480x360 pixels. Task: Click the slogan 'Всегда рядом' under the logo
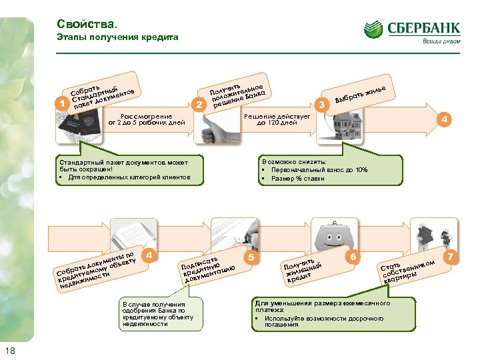click(x=441, y=41)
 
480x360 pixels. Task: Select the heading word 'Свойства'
click(x=81, y=24)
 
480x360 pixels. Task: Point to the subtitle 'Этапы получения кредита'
click(x=117, y=37)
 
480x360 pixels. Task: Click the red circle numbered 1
click(x=62, y=103)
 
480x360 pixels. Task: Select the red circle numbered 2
click(x=197, y=105)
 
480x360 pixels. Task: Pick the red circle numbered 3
click(x=323, y=105)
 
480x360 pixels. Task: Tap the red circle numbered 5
click(x=251, y=257)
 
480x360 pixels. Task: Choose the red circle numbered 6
click(x=353, y=257)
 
